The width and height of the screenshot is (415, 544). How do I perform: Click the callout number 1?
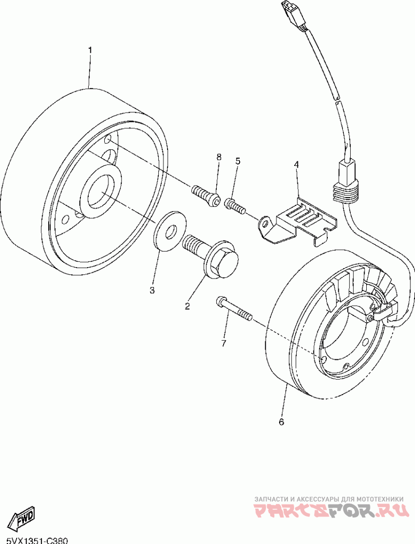click(90, 50)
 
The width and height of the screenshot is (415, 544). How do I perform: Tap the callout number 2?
click(187, 306)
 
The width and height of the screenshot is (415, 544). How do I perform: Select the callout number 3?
click(152, 290)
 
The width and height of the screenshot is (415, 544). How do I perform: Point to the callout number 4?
click(296, 164)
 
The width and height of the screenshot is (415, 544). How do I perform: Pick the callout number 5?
click(238, 161)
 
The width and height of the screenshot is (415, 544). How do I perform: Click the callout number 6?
click(281, 422)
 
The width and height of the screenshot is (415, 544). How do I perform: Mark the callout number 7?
click(224, 343)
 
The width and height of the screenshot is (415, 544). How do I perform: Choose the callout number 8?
click(218, 157)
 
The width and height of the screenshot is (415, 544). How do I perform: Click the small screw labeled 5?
click(234, 206)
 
